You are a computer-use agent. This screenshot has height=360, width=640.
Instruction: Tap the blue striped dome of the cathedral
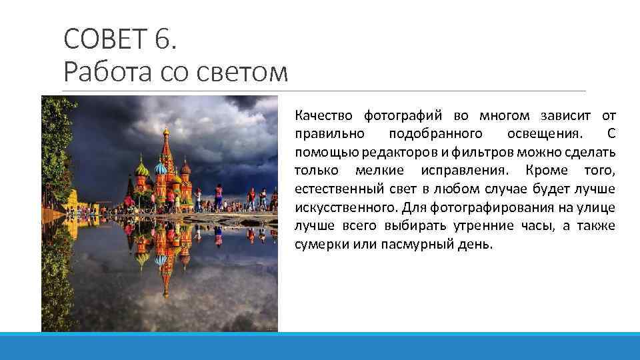tap(161, 169)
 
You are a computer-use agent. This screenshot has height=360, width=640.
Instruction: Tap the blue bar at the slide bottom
tap(320, 346)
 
